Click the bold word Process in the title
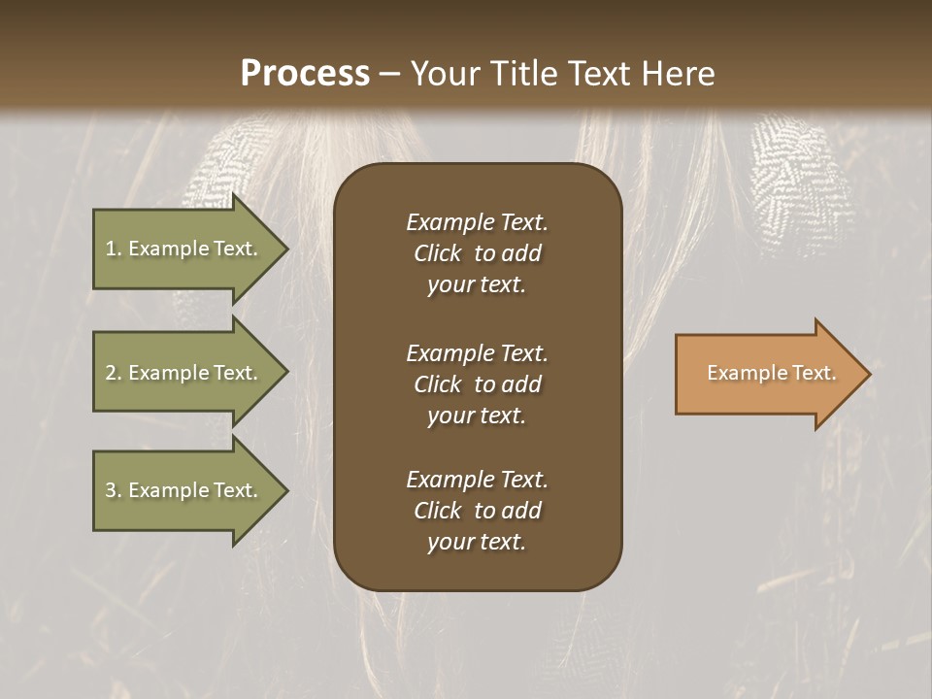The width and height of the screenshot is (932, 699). (x=305, y=74)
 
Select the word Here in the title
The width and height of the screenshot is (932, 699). (x=679, y=74)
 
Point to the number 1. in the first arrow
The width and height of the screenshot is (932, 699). (x=114, y=249)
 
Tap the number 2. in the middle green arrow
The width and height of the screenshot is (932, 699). (x=114, y=373)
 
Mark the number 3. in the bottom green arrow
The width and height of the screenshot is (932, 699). (x=114, y=490)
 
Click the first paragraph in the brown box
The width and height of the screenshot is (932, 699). (x=477, y=253)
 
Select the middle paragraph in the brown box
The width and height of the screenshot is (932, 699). (x=477, y=383)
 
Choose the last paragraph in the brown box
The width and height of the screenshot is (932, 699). (x=477, y=511)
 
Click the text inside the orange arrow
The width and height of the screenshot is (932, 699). (x=771, y=373)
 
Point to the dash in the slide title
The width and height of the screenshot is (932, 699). (x=389, y=75)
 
